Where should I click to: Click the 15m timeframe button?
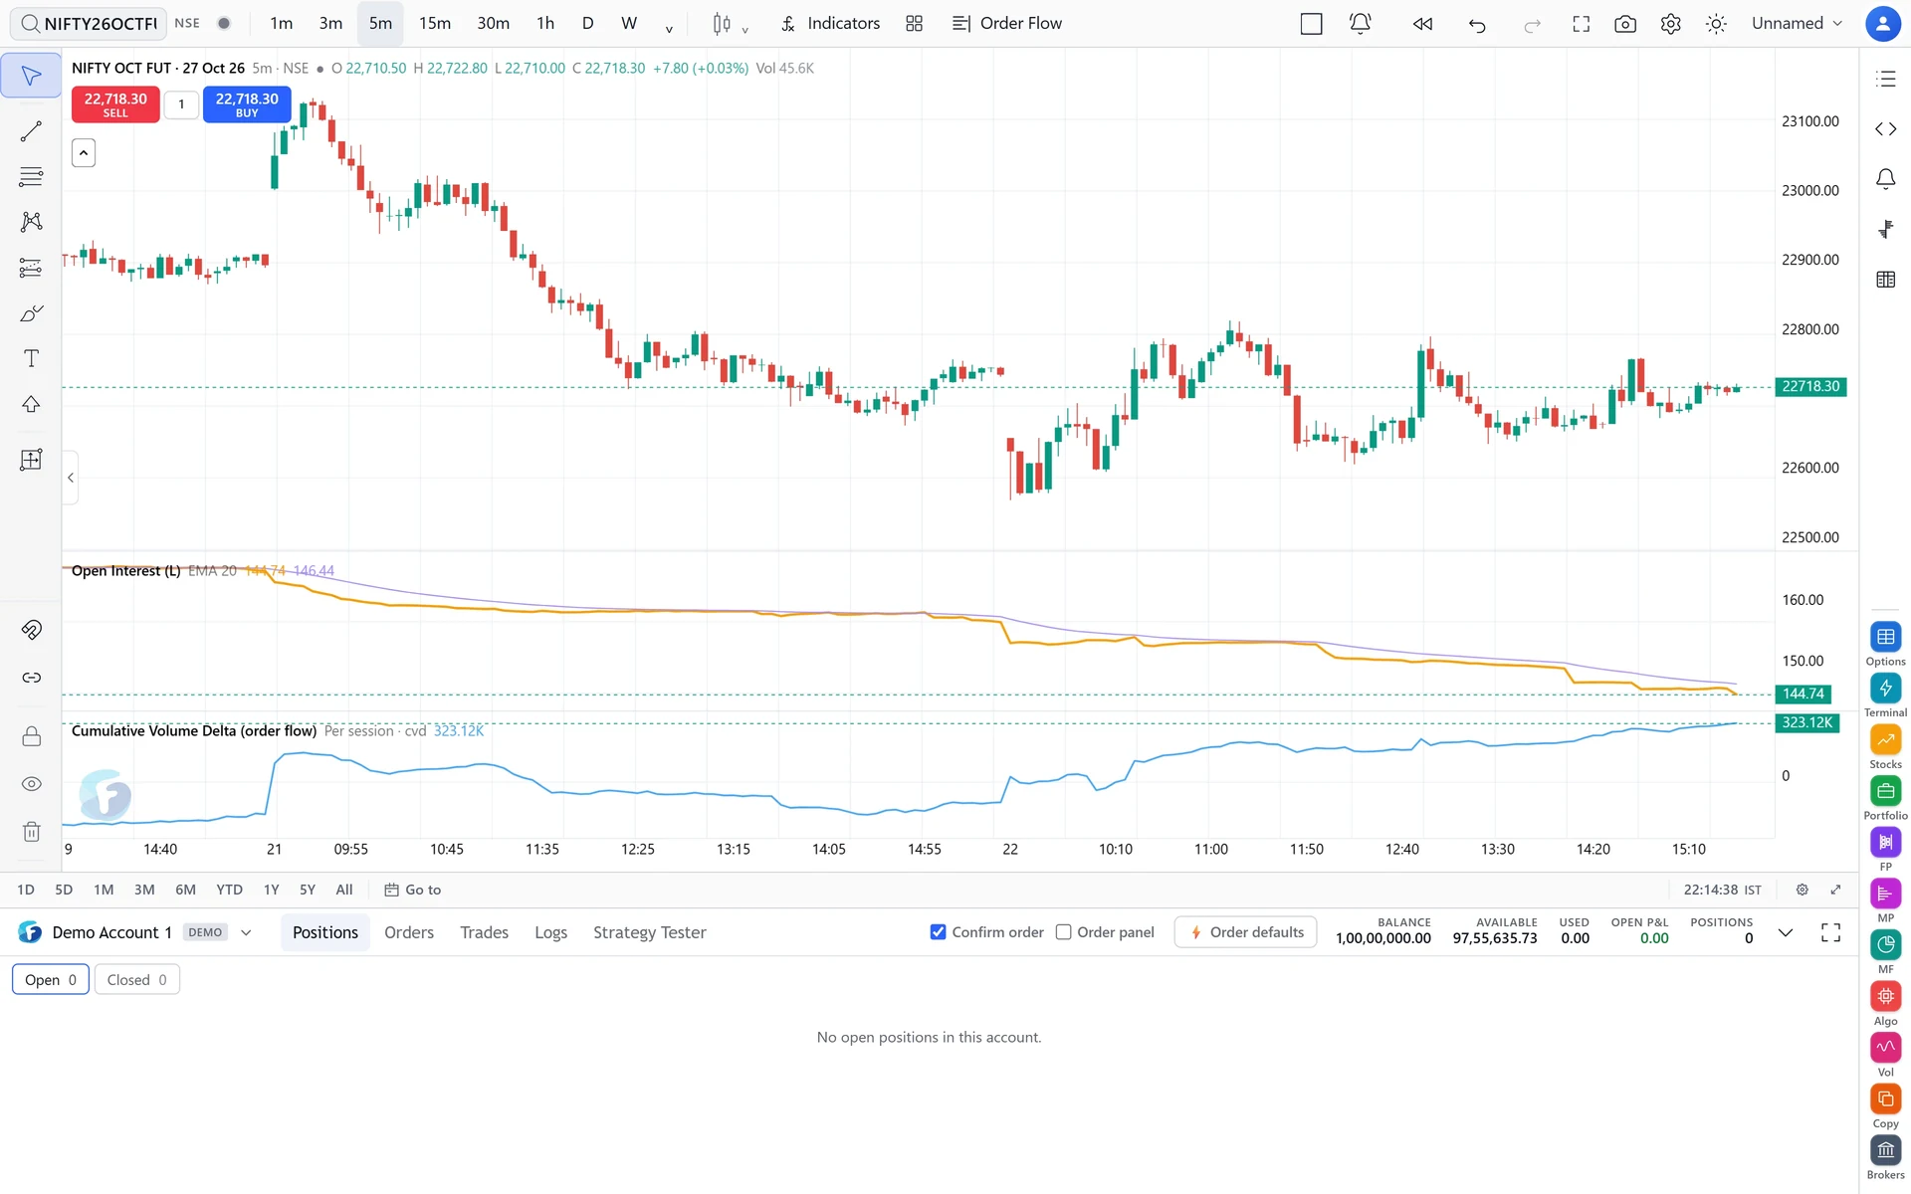click(x=434, y=23)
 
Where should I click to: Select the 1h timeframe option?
click(x=545, y=23)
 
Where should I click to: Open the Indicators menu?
click(x=830, y=23)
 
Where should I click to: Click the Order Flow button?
click(x=1007, y=23)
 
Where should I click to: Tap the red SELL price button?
click(x=115, y=104)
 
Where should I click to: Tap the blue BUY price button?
click(x=247, y=104)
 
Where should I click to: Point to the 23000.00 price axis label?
click(x=1810, y=190)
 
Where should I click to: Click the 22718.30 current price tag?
click(x=1810, y=386)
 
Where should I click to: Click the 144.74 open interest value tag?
click(x=1804, y=694)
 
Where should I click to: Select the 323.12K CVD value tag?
click(x=1806, y=722)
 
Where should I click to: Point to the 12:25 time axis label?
click(x=638, y=849)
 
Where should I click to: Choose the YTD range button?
click(x=230, y=890)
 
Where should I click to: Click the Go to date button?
click(x=413, y=890)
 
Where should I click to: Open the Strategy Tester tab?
click(x=650, y=932)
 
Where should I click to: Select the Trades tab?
click(x=485, y=932)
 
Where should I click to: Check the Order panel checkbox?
click(x=1064, y=932)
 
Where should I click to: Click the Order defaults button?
click(x=1246, y=932)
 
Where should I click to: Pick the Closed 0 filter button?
click(x=137, y=980)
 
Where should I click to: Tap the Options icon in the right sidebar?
click(x=1885, y=637)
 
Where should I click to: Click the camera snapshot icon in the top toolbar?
click(x=1625, y=24)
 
